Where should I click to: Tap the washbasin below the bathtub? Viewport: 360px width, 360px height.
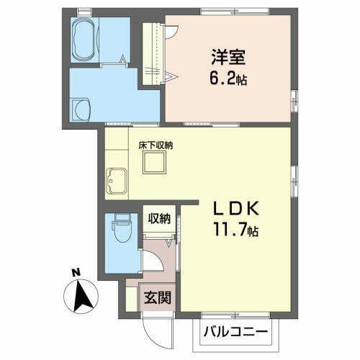82,109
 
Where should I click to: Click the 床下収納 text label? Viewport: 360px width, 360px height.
156,145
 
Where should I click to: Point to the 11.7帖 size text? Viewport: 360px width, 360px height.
235,232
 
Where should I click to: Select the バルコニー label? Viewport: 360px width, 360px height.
234,333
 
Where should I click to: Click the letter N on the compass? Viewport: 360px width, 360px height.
76,273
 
